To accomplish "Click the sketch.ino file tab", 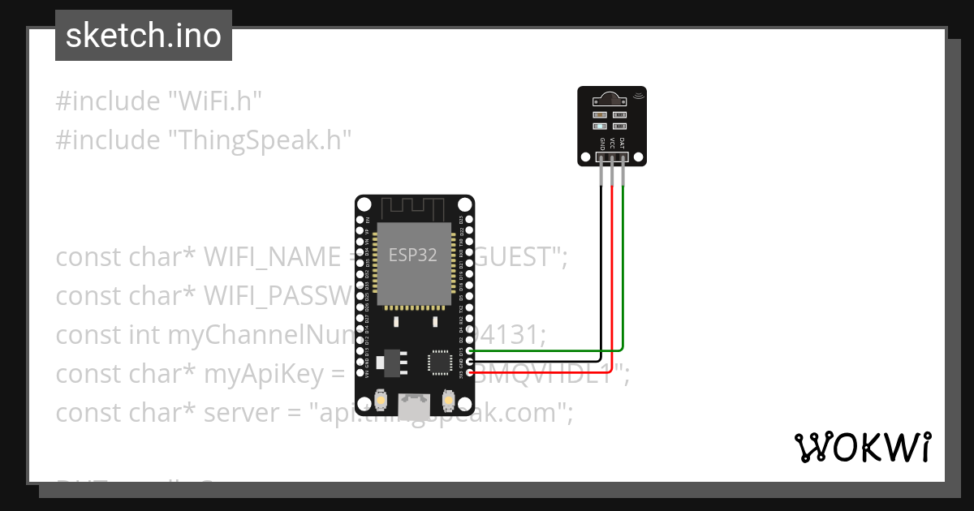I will coord(144,36).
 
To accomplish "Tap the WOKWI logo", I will coord(862,447).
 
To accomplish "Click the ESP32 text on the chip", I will coord(412,255).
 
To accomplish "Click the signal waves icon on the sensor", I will coord(638,95).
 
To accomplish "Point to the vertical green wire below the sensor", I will coord(623,260).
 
